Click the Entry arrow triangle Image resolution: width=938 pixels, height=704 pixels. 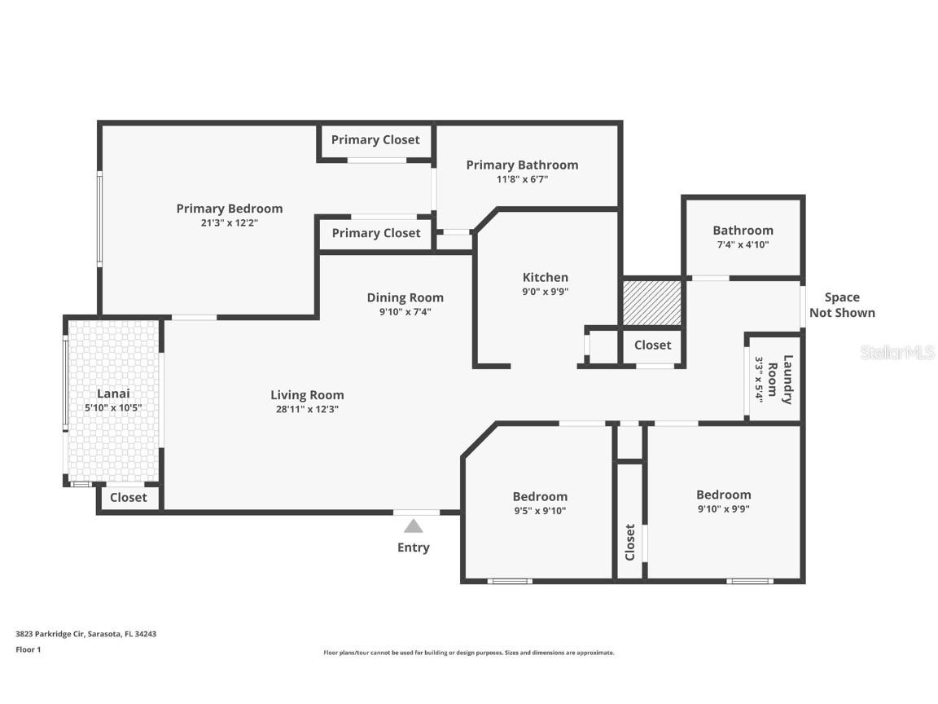[x=414, y=526]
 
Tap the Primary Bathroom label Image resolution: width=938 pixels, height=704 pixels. [x=522, y=165]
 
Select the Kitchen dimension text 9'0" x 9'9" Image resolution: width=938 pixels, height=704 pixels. [x=545, y=292]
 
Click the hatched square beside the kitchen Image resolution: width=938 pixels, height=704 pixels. [x=651, y=302]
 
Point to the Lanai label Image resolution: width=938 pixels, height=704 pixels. [x=113, y=394]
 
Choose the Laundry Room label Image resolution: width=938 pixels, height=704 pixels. [x=787, y=379]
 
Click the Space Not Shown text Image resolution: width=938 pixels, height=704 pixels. [x=842, y=305]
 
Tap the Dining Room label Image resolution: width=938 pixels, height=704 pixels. [x=405, y=297]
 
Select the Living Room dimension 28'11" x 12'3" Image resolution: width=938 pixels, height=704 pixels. [x=307, y=410]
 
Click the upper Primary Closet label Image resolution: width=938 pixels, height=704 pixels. [x=375, y=140]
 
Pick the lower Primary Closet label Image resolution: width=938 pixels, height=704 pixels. [x=376, y=233]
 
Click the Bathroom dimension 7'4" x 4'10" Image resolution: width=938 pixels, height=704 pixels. [x=743, y=244]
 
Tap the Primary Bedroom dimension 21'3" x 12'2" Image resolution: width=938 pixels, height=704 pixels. [x=229, y=222]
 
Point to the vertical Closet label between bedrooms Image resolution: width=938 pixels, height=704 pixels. [x=630, y=542]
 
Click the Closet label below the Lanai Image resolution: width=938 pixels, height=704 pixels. [x=129, y=497]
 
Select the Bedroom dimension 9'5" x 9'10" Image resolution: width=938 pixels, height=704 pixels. [x=540, y=511]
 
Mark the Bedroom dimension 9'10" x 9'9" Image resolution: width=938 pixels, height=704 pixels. [x=723, y=508]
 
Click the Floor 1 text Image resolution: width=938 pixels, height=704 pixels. [x=28, y=649]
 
